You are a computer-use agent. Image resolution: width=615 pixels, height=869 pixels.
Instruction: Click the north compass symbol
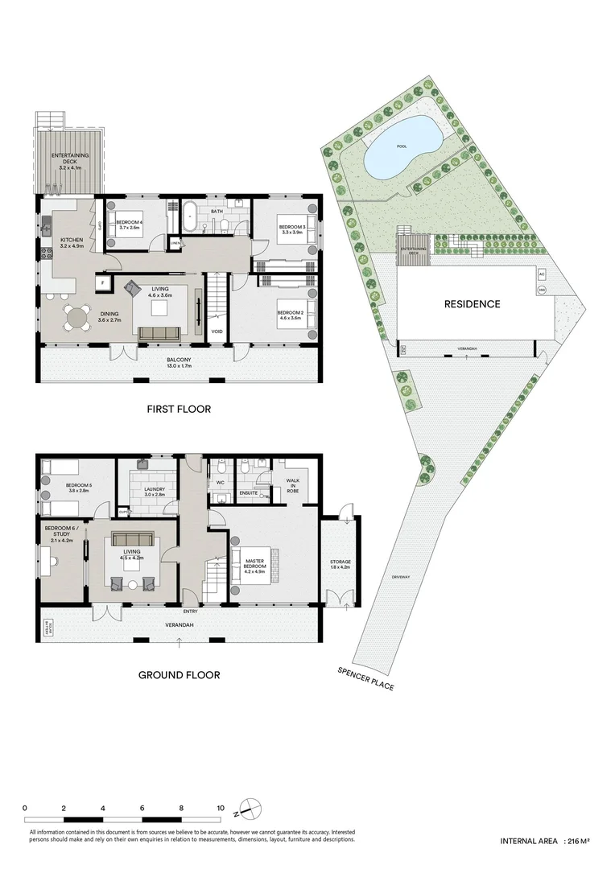pyautogui.click(x=251, y=807)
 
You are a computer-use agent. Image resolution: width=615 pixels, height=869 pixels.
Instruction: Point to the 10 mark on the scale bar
pyautogui.click(x=220, y=807)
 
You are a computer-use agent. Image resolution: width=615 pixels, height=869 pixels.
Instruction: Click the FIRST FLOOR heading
pyautogui.click(x=179, y=409)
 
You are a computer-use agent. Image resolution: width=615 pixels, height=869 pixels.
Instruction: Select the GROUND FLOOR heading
pyautogui.click(x=179, y=675)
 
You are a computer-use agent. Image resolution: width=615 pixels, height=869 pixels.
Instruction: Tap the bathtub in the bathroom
pyautogui.click(x=191, y=217)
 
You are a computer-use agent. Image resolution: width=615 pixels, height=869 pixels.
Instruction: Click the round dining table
pyautogui.click(x=78, y=319)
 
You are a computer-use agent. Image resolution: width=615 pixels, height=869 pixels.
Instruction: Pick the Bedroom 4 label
pyautogui.click(x=129, y=224)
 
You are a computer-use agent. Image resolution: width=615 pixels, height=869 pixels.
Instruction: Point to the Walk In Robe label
pyautogui.click(x=292, y=486)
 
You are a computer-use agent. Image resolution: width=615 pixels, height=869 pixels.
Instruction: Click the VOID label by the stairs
pyautogui.click(x=217, y=331)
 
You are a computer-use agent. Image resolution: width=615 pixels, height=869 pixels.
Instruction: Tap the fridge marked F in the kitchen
pyautogui.click(x=102, y=282)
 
